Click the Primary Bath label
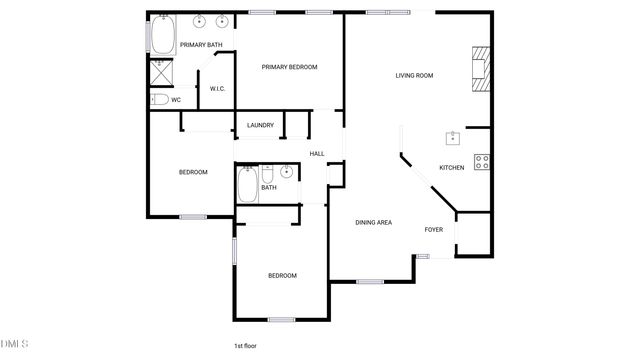[x=200, y=45]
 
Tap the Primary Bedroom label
[x=289, y=67]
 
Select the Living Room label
[x=413, y=75]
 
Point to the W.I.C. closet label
[x=217, y=89]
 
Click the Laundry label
[x=260, y=125]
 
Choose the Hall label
[x=317, y=153]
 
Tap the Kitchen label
[x=452, y=167]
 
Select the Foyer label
[x=433, y=230]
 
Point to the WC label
[x=176, y=100]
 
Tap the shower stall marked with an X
[x=159, y=71]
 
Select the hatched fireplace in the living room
[x=481, y=69]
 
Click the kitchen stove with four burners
[x=481, y=162]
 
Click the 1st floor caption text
[x=247, y=346]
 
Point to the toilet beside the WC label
[x=159, y=99]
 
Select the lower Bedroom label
[x=282, y=276]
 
